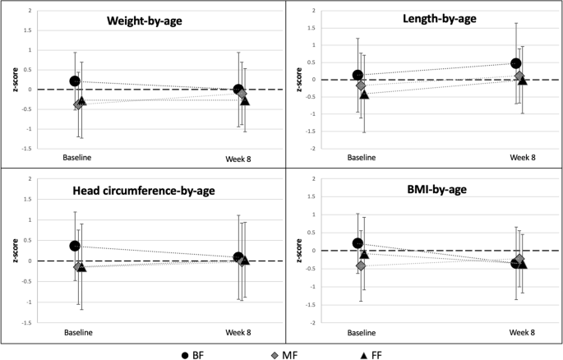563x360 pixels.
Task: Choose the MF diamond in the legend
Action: (275, 353)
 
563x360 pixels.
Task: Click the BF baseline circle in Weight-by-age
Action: (75, 81)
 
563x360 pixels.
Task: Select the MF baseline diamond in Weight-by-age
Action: (79, 104)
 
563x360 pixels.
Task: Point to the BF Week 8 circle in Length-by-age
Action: (516, 63)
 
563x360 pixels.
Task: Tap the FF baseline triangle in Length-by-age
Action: (364, 95)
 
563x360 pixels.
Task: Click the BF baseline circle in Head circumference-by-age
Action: (75, 246)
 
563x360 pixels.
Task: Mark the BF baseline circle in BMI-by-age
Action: (358, 243)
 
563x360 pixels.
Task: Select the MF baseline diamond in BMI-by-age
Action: (361, 265)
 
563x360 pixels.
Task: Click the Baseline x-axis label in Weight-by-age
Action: (76, 158)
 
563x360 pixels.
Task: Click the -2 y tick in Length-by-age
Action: (307, 149)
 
